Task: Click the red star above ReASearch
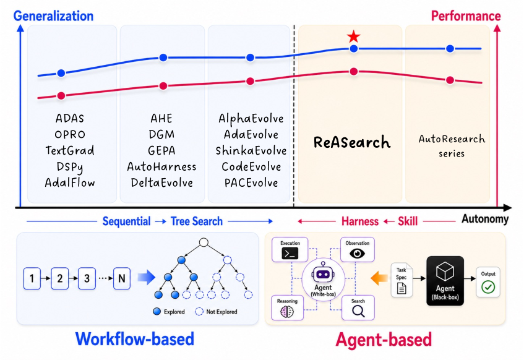pyautogui.click(x=354, y=36)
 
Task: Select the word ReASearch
pyautogui.click(x=352, y=142)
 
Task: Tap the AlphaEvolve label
pyautogui.click(x=251, y=118)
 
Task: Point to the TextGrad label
pyautogui.click(x=70, y=150)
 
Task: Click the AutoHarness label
pyautogui.click(x=161, y=166)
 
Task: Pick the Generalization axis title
pyautogui.click(x=53, y=16)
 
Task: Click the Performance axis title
pyautogui.click(x=466, y=16)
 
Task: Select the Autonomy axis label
pyautogui.click(x=485, y=219)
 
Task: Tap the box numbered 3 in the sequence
pyautogui.click(x=87, y=278)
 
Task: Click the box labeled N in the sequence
pyautogui.click(x=122, y=278)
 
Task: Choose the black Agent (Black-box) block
pyautogui.click(x=445, y=281)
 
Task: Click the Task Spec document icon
pyautogui.click(x=402, y=288)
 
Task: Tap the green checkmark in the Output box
pyautogui.click(x=488, y=287)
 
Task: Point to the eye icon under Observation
pyautogui.click(x=357, y=254)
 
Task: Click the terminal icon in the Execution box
pyautogui.click(x=290, y=254)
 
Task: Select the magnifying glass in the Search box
pyautogui.click(x=358, y=311)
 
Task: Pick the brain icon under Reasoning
pyautogui.click(x=287, y=312)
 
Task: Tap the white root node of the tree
pyautogui.click(x=204, y=242)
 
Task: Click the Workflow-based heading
pyautogui.click(x=135, y=339)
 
